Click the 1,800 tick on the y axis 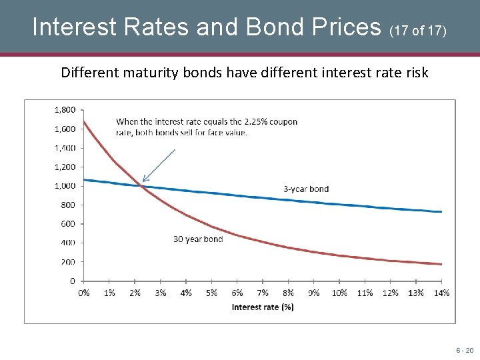(x=65, y=109)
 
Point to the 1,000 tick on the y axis (x=65, y=186)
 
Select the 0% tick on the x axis (x=84, y=293)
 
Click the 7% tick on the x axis (x=263, y=293)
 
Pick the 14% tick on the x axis (x=441, y=293)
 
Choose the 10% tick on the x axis (x=339, y=293)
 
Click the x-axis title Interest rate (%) (x=263, y=307)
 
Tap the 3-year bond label (x=306, y=189)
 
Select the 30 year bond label (x=198, y=239)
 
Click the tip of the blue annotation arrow (x=143, y=181)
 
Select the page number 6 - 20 (x=465, y=350)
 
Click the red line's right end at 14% (x=441, y=264)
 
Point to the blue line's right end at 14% (x=441, y=211)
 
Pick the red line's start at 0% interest (x=85, y=121)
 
